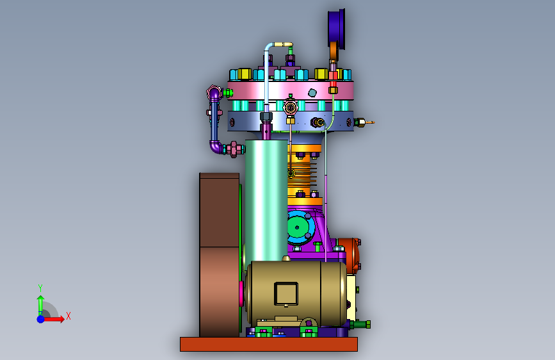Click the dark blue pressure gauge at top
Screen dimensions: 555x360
(336, 28)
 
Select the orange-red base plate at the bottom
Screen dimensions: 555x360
(269, 344)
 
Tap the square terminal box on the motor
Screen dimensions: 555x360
(286, 294)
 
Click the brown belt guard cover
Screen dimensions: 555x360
(220, 255)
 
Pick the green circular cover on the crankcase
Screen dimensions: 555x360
(296, 227)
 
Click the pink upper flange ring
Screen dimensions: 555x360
(290, 90)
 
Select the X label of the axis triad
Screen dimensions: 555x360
(68, 316)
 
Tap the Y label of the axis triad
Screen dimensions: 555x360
(40, 288)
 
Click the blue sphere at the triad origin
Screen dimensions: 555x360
(41, 319)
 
